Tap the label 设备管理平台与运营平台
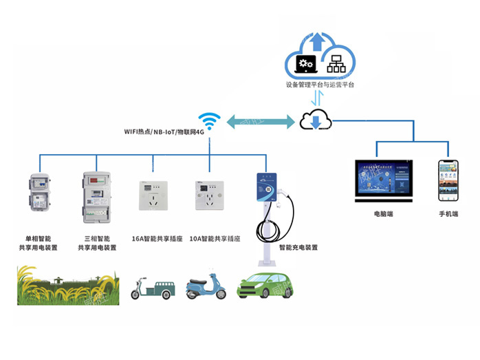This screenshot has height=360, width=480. pyautogui.click(x=320, y=85)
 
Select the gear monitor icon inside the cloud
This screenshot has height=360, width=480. pyautogui.click(x=305, y=64)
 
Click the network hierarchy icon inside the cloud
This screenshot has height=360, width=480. pyautogui.click(x=336, y=64)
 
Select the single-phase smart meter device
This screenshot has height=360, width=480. pyautogui.click(x=38, y=200)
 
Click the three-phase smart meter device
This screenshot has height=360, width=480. pyautogui.click(x=96, y=197)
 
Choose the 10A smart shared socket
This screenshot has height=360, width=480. pyautogui.click(x=208, y=194)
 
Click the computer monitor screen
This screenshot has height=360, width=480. pyautogui.click(x=384, y=180)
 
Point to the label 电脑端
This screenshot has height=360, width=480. pyautogui.click(x=384, y=214)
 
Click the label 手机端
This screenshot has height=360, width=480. pyautogui.click(x=448, y=214)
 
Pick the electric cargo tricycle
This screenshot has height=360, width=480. pyautogui.click(x=149, y=287)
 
